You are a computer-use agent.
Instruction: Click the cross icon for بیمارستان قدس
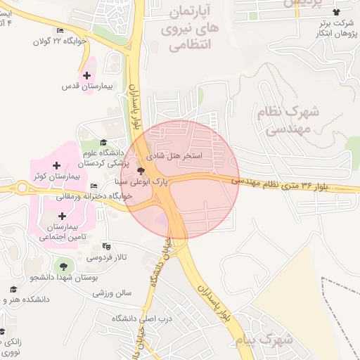[87, 75]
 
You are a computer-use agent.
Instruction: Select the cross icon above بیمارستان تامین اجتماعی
[63, 217]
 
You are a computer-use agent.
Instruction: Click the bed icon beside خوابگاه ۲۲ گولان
[60, 30]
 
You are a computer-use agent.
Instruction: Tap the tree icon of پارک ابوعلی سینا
[141, 170]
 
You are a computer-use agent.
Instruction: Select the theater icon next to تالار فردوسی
[106, 246]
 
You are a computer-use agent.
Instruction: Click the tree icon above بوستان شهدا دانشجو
[64, 266]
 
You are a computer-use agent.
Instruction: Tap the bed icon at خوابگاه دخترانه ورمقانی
[94, 186]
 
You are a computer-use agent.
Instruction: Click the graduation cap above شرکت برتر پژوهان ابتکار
[336, 12]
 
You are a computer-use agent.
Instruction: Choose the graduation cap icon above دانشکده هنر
[14, 289]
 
